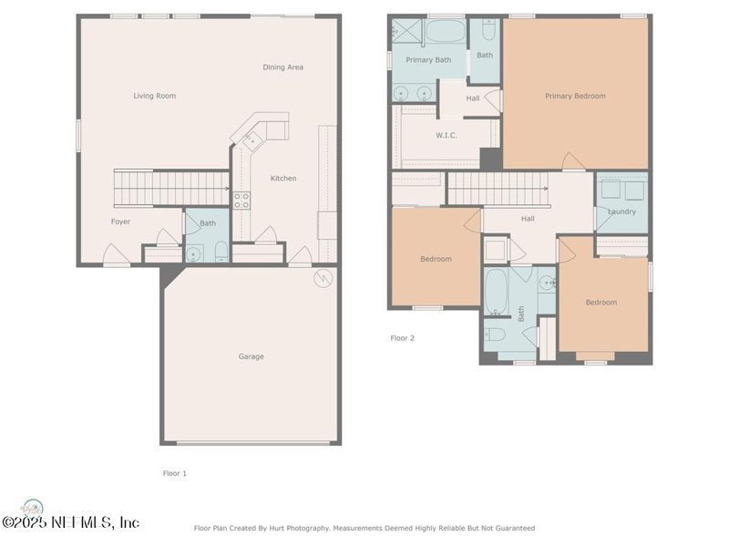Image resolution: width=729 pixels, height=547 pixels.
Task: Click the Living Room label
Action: [154, 96]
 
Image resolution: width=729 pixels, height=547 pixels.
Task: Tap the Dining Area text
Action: [282, 67]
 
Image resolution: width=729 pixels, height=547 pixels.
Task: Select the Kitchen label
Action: [283, 178]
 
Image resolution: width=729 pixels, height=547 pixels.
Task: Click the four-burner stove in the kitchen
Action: [241, 201]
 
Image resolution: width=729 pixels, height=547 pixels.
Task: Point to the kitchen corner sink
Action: [253, 140]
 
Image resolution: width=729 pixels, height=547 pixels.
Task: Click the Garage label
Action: [252, 356]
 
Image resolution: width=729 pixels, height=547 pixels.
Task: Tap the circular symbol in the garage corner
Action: [323, 278]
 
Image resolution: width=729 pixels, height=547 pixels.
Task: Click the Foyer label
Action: [120, 222]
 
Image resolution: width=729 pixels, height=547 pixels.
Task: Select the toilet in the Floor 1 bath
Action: [221, 252]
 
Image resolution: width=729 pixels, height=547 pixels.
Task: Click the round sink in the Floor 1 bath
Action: [193, 254]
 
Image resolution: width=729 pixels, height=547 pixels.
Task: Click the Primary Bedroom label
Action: [575, 96]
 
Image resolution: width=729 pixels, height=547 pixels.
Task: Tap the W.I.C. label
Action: [447, 135]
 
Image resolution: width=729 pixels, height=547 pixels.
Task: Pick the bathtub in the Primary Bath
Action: [446, 31]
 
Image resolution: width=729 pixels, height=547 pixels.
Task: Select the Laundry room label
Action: [621, 212]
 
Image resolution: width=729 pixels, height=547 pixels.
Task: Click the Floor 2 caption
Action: [402, 338]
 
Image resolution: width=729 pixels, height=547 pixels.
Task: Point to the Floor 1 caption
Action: [174, 473]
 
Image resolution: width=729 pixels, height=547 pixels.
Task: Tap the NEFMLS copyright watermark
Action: [71, 521]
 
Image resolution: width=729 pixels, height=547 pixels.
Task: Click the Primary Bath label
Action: [428, 60]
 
